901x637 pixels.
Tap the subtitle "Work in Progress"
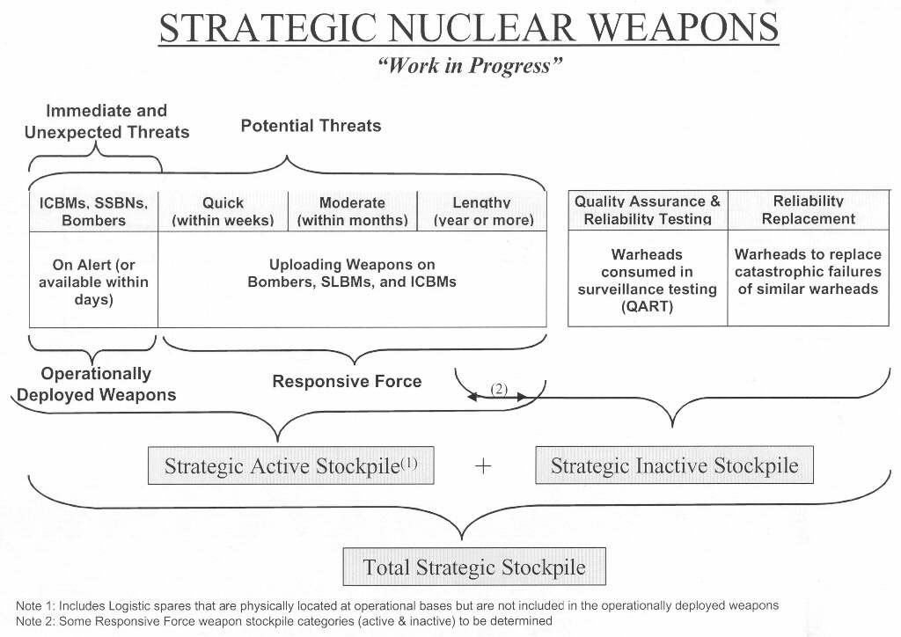[469, 67]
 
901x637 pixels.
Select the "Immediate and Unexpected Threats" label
[106, 121]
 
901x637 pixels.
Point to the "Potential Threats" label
[311, 126]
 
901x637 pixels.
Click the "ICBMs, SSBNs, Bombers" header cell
[93, 211]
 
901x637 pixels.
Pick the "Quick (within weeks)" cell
[223, 211]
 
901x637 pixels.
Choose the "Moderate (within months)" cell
[352, 211]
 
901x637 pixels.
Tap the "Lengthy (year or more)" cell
[482, 211]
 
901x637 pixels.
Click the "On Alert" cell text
[93, 282]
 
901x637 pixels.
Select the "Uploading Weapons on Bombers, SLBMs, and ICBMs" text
[352, 274]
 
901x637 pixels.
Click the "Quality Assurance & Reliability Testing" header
[647, 210]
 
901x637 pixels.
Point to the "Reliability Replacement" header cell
[808, 210]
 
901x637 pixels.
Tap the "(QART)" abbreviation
[647, 306]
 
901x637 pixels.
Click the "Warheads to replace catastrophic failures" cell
[808, 271]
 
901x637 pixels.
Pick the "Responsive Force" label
[347, 381]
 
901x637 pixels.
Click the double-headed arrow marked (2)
[498, 398]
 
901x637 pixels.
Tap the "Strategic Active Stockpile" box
[291, 465]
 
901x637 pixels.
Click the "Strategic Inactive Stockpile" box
[674, 465]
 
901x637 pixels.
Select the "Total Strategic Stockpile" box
[474, 567]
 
